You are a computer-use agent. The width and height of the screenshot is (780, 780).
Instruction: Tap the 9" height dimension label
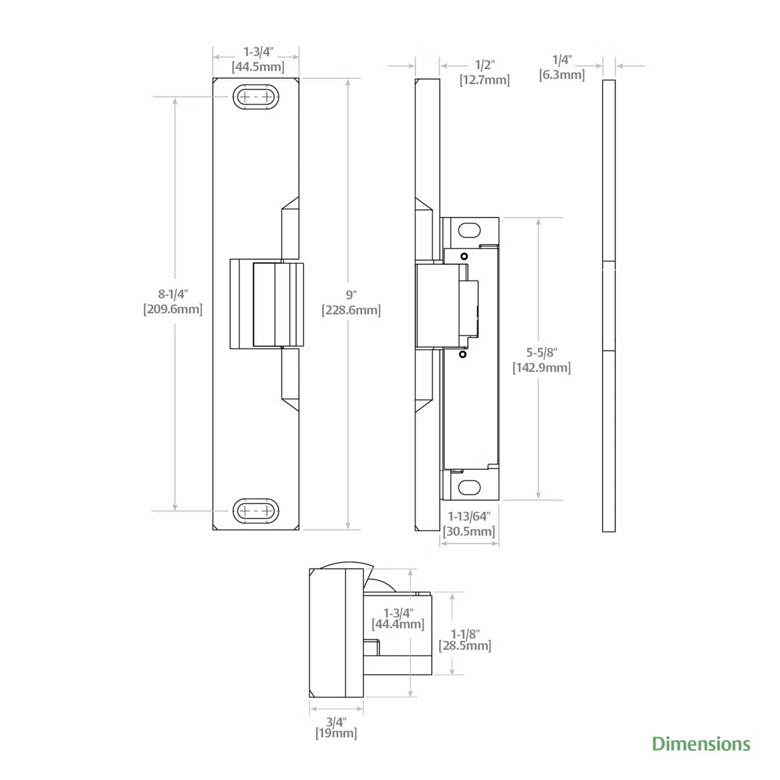pos(351,294)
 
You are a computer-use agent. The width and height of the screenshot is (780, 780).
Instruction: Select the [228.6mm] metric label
pos(351,310)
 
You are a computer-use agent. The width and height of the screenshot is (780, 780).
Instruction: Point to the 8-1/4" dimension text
pos(173,294)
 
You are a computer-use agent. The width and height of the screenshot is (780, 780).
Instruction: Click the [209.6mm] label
pos(173,309)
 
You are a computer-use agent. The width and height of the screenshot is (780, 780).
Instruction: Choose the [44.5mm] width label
pos(258,67)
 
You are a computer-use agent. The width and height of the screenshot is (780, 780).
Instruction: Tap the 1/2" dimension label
pos(484,65)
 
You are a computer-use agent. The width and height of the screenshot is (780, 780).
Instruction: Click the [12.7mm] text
pos(484,80)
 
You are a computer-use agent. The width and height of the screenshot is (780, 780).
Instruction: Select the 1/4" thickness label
pos(562,60)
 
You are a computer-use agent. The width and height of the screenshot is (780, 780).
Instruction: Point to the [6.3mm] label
pos(562,75)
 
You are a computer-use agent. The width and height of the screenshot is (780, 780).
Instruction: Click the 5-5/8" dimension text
pos(542,353)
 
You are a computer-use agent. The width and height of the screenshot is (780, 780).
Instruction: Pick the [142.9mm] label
pos(542,368)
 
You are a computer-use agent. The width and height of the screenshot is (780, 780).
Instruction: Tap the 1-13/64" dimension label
pos(469,516)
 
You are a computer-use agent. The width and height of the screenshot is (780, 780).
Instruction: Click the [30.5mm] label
pos(469,531)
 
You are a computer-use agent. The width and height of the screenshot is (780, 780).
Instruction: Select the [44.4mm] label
pos(398,624)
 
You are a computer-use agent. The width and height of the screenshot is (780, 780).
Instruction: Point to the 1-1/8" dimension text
pos(465,634)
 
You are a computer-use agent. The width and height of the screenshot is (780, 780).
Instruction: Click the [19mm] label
pos(336,733)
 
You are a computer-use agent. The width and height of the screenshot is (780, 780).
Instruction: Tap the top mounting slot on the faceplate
pos(256,97)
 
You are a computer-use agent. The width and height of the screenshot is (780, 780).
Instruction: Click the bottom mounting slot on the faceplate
pos(256,511)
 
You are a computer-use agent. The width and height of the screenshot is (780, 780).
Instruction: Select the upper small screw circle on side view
pos(464,256)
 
